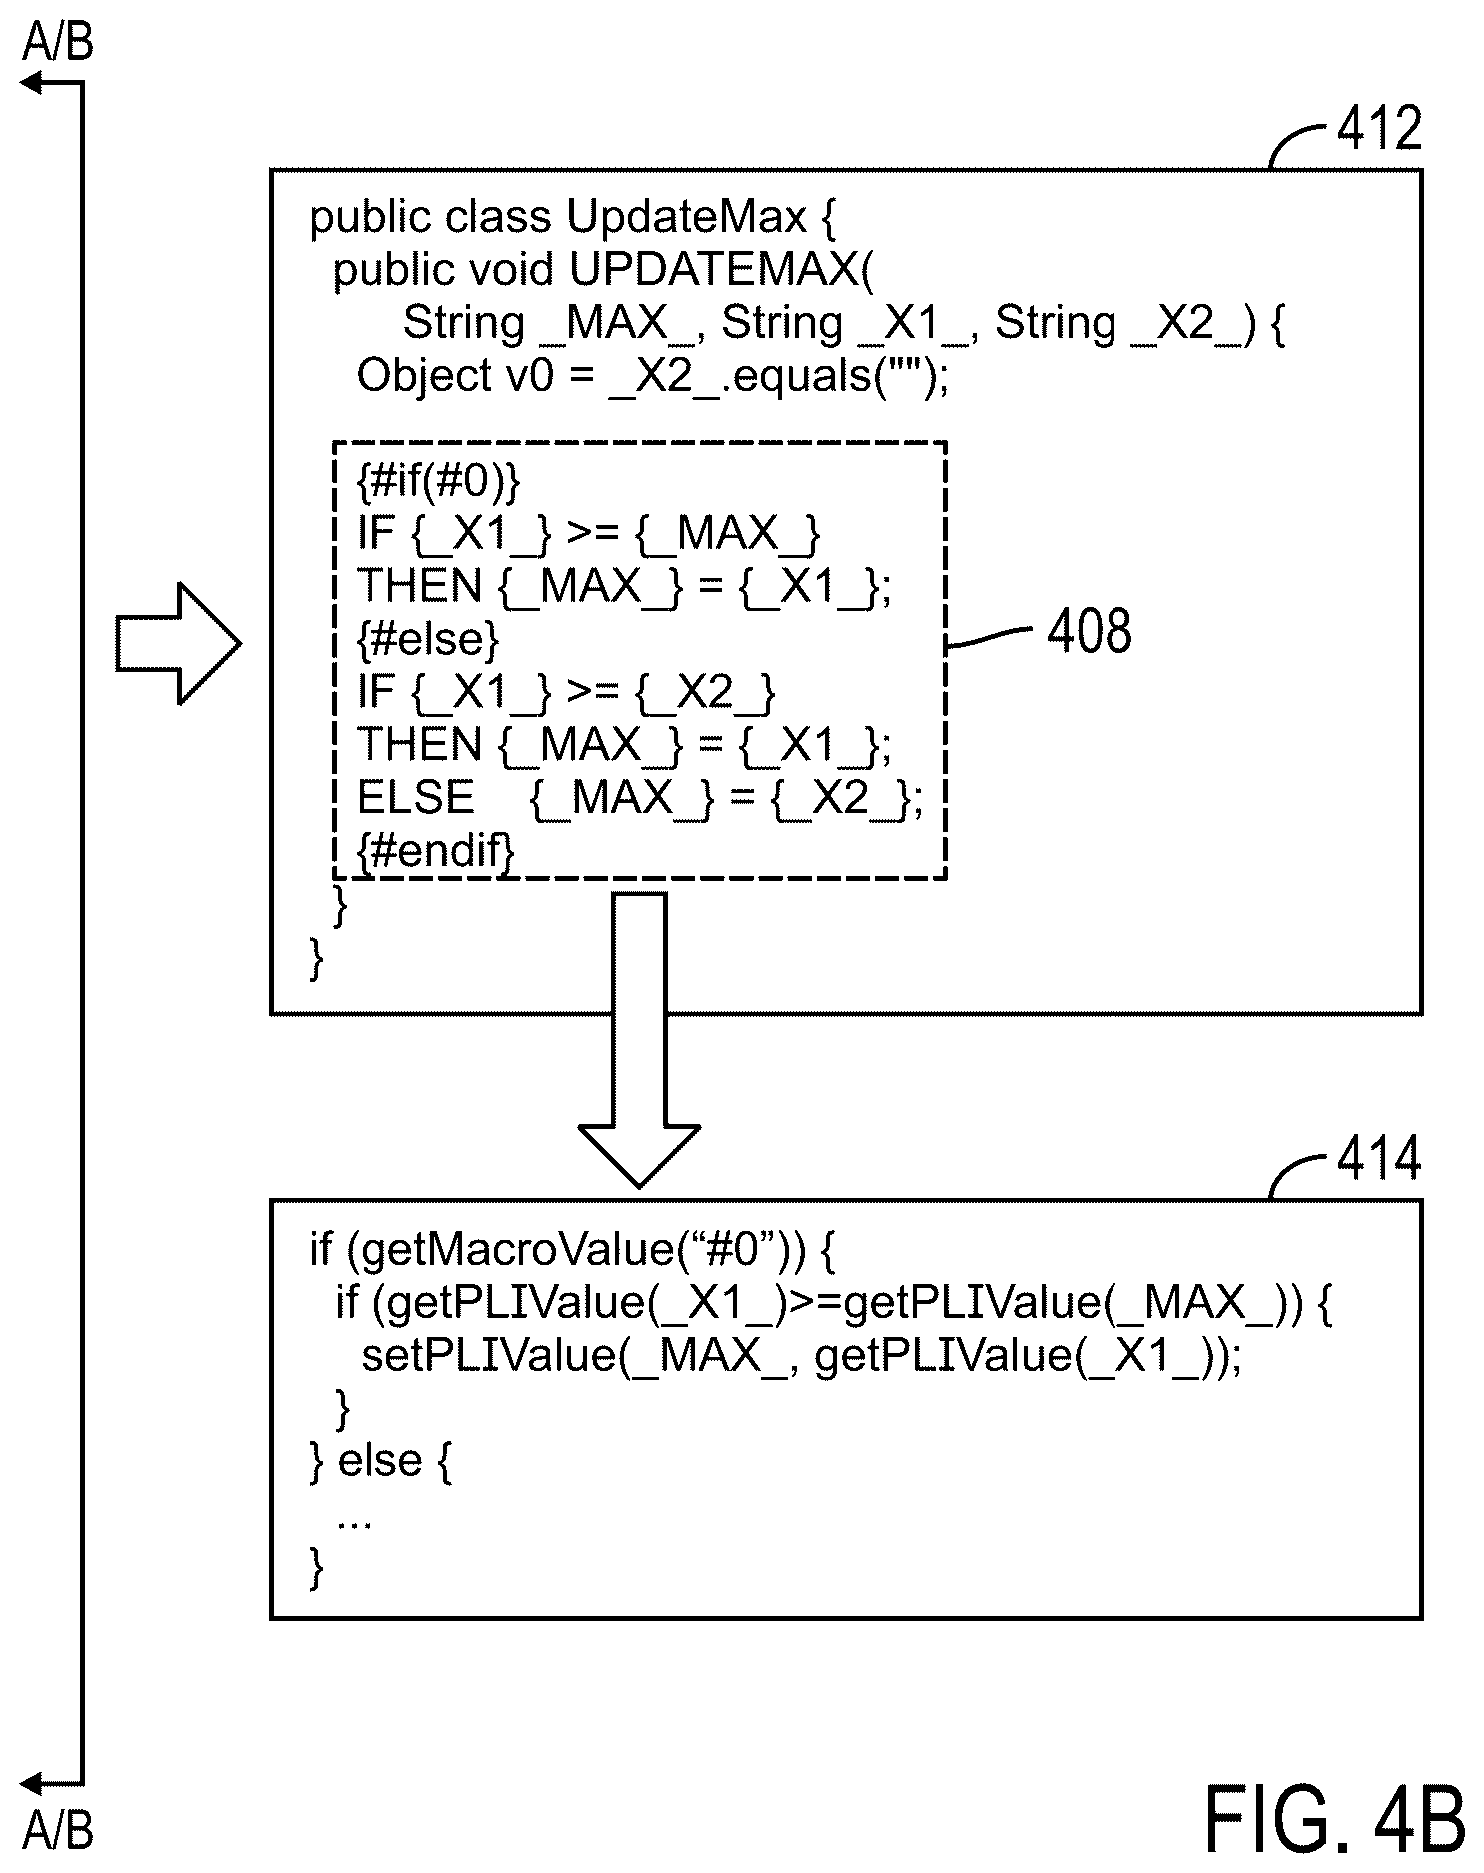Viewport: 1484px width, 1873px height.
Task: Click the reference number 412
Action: coord(1379,129)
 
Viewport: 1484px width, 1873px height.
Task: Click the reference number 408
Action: coord(1090,631)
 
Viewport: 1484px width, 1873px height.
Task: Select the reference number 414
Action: coord(1379,1159)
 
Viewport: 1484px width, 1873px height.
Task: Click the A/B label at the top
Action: coord(58,43)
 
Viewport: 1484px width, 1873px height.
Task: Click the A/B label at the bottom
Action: coord(58,1830)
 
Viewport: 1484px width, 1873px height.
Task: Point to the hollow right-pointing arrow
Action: coord(178,644)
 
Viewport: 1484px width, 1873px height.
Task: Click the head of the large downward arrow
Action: coord(639,1156)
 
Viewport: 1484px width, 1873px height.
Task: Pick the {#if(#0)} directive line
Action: coord(438,481)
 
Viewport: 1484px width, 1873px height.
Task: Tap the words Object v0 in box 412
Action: coord(454,376)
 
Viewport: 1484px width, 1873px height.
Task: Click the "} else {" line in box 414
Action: coord(381,1461)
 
